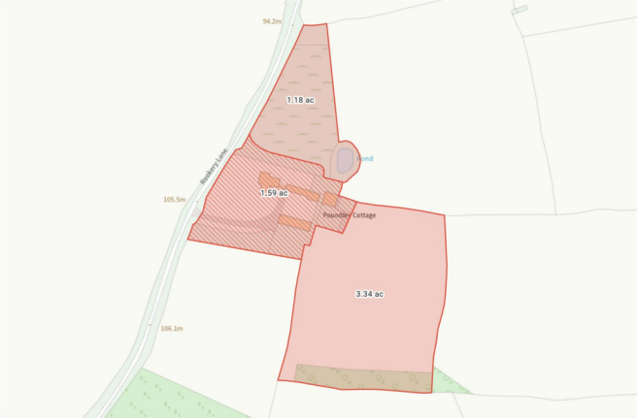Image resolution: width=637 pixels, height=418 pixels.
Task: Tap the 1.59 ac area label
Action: coord(273,193)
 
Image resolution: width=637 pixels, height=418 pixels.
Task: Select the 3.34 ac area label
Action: coord(370,293)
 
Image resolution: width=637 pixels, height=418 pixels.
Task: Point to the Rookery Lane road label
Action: coord(213,166)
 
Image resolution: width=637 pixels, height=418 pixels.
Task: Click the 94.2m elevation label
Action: coord(272,20)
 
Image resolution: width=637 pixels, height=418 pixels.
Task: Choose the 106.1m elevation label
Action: coord(171,328)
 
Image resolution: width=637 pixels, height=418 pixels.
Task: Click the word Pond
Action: coord(365,158)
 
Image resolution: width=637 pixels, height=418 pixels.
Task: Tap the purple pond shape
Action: coord(345,160)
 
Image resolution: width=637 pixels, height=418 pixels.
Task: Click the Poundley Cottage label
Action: coord(351,214)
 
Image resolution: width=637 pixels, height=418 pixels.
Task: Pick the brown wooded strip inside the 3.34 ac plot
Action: coord(363,378)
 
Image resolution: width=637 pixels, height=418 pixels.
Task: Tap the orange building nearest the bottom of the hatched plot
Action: coord(294,223)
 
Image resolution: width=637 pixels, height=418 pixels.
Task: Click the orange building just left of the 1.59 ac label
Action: coord(268,180)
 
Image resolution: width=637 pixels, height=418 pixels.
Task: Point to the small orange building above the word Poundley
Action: coord(331,200)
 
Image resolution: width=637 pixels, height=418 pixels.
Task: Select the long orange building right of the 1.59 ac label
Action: coord(302,192)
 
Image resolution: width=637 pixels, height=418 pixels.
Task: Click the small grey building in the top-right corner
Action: coord(520,10)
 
